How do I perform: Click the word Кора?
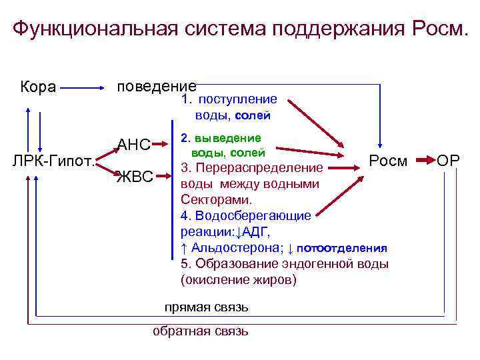pyautogui.click(x=38, y=87)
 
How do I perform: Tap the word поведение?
pyautogui.click(x=156, y=87)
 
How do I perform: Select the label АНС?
pyautogui.click(x=134, y=145)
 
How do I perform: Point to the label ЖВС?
pyautogui.click(x=135, y=177)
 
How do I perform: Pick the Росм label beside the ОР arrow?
pyautogui.click(x=388, y=161)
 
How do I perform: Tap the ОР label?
pyautogui.click(x=449, y=161)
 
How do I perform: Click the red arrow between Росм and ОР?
pyautogui.click(x=424, y=161)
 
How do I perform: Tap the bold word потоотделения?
pyautogui.click(x=342, y=248)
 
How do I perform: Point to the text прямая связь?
pyautogui.click(x=207, y=307)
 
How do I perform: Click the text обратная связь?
pyautogui.click(x=201, y=331)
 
